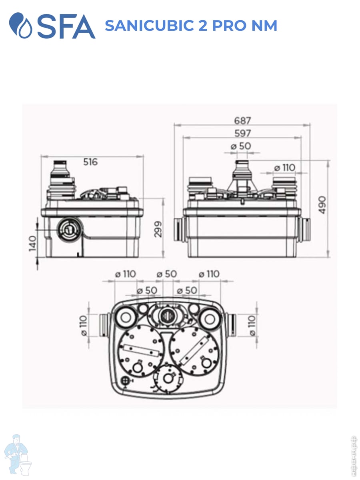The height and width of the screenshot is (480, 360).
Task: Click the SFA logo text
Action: [x=66, y=26]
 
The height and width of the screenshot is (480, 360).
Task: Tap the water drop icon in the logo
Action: [x=21, y=25]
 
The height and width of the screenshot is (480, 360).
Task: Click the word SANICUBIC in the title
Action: [x=150, y=26]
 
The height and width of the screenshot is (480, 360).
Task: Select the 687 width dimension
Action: [x=242, y=120]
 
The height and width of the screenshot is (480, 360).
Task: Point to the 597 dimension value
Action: [x=243, y=133]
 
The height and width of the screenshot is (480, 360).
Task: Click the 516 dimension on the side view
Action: [x=90, y=162]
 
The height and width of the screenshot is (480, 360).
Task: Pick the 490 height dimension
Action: [x=322, y=205]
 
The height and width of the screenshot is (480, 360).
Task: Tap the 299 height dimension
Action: [x=158, y=229]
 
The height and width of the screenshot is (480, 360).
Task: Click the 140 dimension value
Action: [x=32, y=243]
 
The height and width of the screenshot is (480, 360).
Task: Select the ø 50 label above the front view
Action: [x=241, y=146]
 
